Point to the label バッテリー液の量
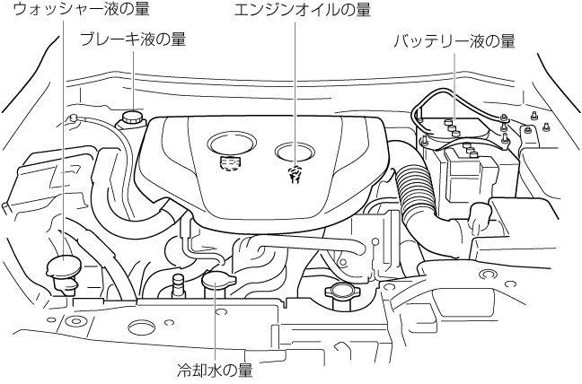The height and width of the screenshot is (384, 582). tap(454, 41)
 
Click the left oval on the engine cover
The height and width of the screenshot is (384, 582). tap(232, 143)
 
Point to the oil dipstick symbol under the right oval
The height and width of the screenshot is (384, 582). tap(293, 175)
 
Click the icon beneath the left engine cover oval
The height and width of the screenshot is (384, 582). tap(231, 164)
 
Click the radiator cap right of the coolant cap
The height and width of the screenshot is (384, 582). tap(342, 292)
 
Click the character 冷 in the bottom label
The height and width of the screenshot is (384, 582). tap(183, 368)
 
